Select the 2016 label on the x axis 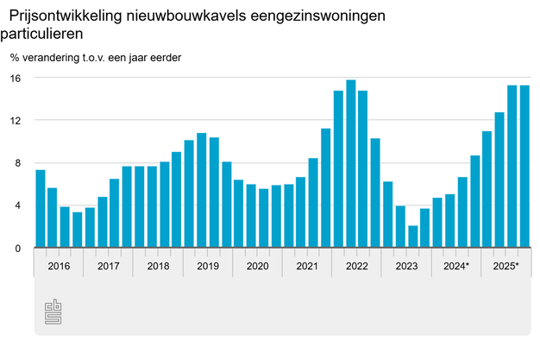click(x=59, y=266)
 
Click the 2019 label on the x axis click(x=208, y=266)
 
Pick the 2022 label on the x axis click(x=356, y=266)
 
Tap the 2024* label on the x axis click(x=456, y=266)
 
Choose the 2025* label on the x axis click(x=505, y=266)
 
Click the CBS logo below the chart click(x=54, y=313)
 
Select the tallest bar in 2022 click(x=351, y=164)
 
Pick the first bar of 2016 click(x=41, y=209)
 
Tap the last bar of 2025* click(x=524, y=167)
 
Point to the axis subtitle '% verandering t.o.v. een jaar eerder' click(x=96, y=58)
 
